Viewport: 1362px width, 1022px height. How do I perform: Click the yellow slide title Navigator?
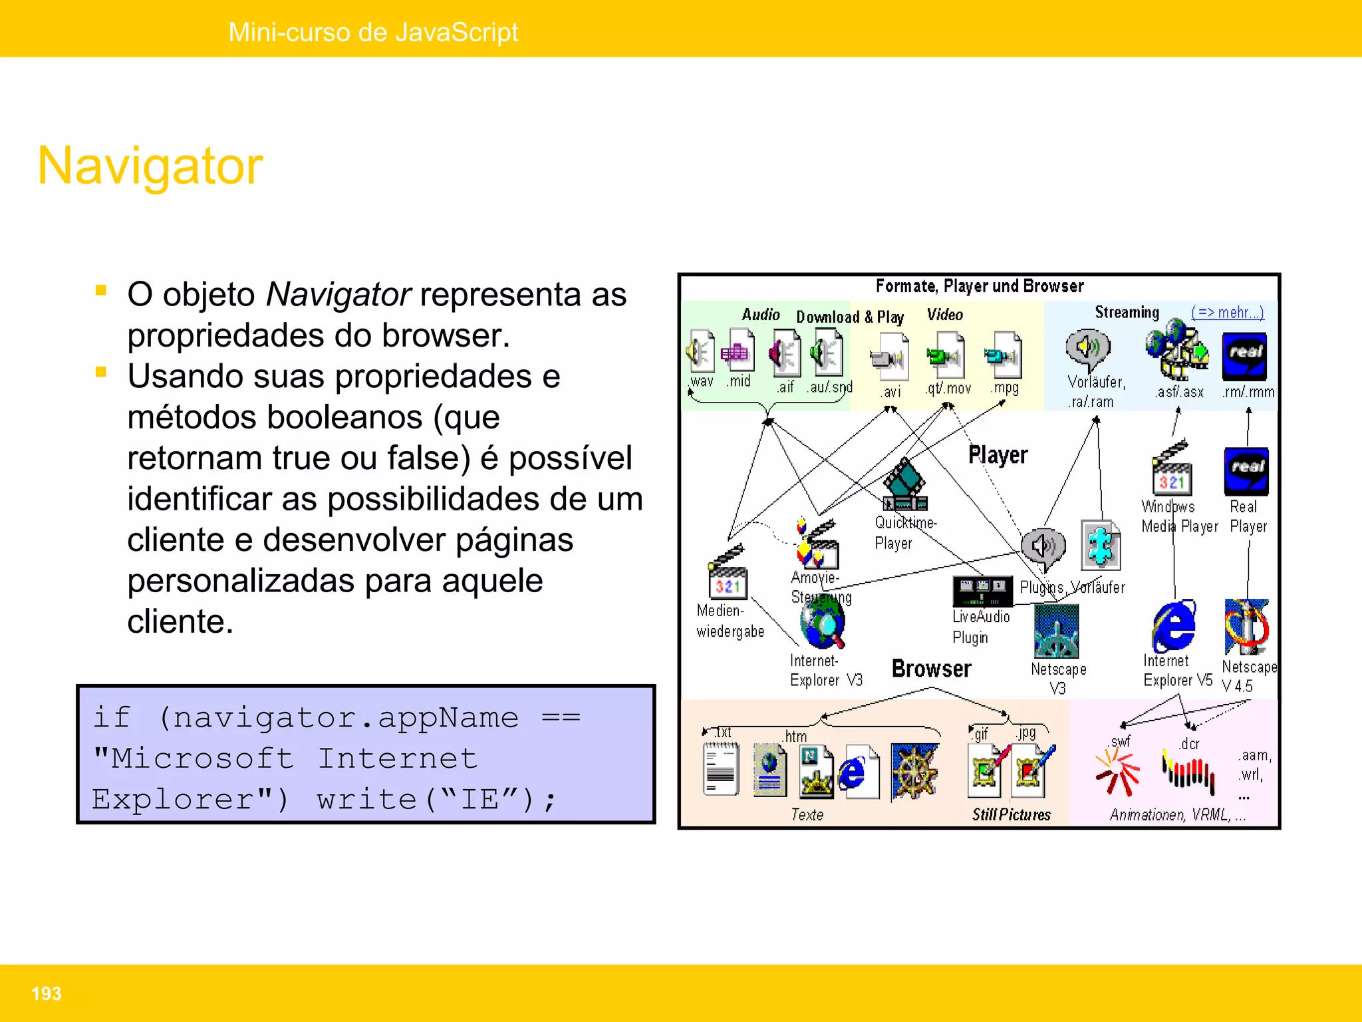[x=150, y=166]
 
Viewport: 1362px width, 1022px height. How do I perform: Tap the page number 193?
[x=46, y=993]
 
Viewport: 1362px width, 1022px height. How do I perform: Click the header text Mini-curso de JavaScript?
[x=373, y=32]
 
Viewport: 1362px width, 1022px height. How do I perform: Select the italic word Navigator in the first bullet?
[x=338, y=294]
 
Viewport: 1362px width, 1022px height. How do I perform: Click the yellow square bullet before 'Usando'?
[x=101, y=372]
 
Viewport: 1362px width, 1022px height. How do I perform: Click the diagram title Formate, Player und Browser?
[x=979, y=286]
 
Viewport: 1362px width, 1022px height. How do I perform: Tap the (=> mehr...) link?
[x=1227, y=312]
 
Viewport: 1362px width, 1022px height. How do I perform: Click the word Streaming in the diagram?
[x=1127, y=312]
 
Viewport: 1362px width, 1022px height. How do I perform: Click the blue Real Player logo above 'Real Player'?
[x=1246, y=470]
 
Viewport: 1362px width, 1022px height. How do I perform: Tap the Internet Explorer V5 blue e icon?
[x=1174, y=626]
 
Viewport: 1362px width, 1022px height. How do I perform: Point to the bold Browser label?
[x=931, y=669]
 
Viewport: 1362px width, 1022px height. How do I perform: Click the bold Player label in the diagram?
[x=998, y=455]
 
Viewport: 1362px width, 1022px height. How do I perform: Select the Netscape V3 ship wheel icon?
[x=1056, y=631]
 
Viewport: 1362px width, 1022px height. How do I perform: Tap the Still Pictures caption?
[x=1011, y=814]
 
